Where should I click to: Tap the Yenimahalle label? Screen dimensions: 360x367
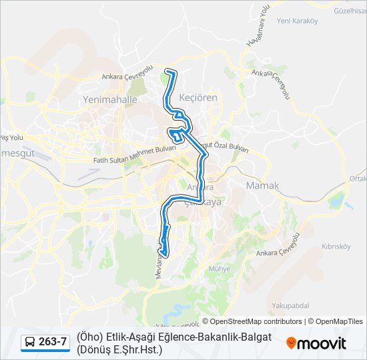tap(109, 99)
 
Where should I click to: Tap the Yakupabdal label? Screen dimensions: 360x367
tap(291, 305)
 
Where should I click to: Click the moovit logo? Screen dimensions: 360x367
tap(316, 343)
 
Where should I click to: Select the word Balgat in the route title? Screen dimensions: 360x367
tap(254, 337)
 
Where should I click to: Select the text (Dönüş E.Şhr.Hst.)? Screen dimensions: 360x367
tap(119, 349)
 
